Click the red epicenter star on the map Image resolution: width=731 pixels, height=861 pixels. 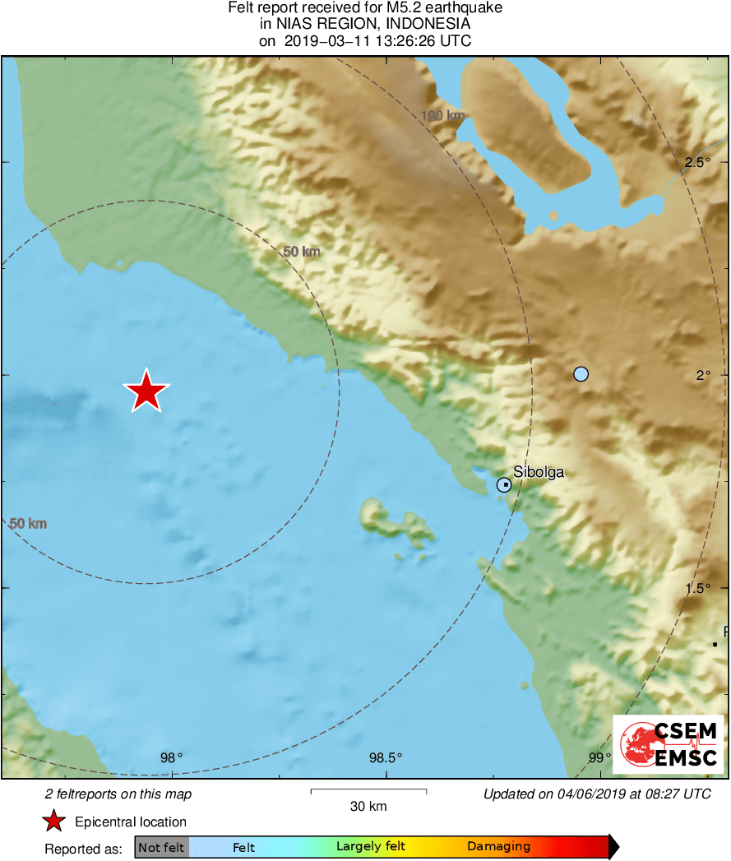146,391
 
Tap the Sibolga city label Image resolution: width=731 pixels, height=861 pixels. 539,472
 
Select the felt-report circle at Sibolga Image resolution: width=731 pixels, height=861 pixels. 504,485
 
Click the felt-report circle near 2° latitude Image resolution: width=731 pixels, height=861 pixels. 581,374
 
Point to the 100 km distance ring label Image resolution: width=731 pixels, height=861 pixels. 442,116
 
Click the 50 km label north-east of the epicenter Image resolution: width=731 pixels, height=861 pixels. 301,252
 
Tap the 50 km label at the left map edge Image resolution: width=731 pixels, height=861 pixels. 28,523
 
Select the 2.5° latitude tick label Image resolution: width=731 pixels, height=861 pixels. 698,162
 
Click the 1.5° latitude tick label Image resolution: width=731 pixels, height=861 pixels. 698,588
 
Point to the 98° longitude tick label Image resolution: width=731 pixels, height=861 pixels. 172,757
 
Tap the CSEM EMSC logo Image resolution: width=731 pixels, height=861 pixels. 668,744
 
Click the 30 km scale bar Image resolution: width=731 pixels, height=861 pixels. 368,791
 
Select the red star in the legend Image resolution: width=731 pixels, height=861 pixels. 54,822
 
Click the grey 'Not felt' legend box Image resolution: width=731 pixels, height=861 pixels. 161,847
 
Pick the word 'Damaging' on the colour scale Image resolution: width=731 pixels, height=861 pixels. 498,846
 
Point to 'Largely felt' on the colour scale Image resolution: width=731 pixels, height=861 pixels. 371,846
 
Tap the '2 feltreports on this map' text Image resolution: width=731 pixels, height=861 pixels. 118,794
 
